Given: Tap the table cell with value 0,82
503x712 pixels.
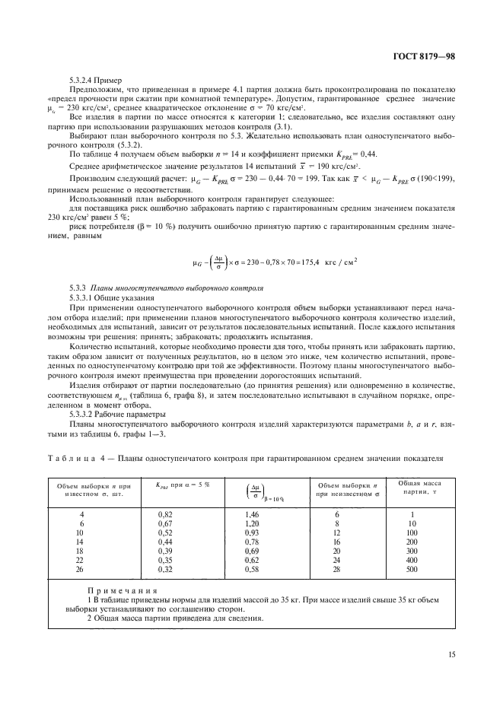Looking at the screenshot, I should point(165,515).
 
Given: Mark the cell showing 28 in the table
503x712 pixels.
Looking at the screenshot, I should point(337,568).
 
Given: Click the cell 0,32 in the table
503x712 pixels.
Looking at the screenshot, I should point(165,568).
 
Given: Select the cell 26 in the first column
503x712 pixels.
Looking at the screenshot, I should point(82,568).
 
